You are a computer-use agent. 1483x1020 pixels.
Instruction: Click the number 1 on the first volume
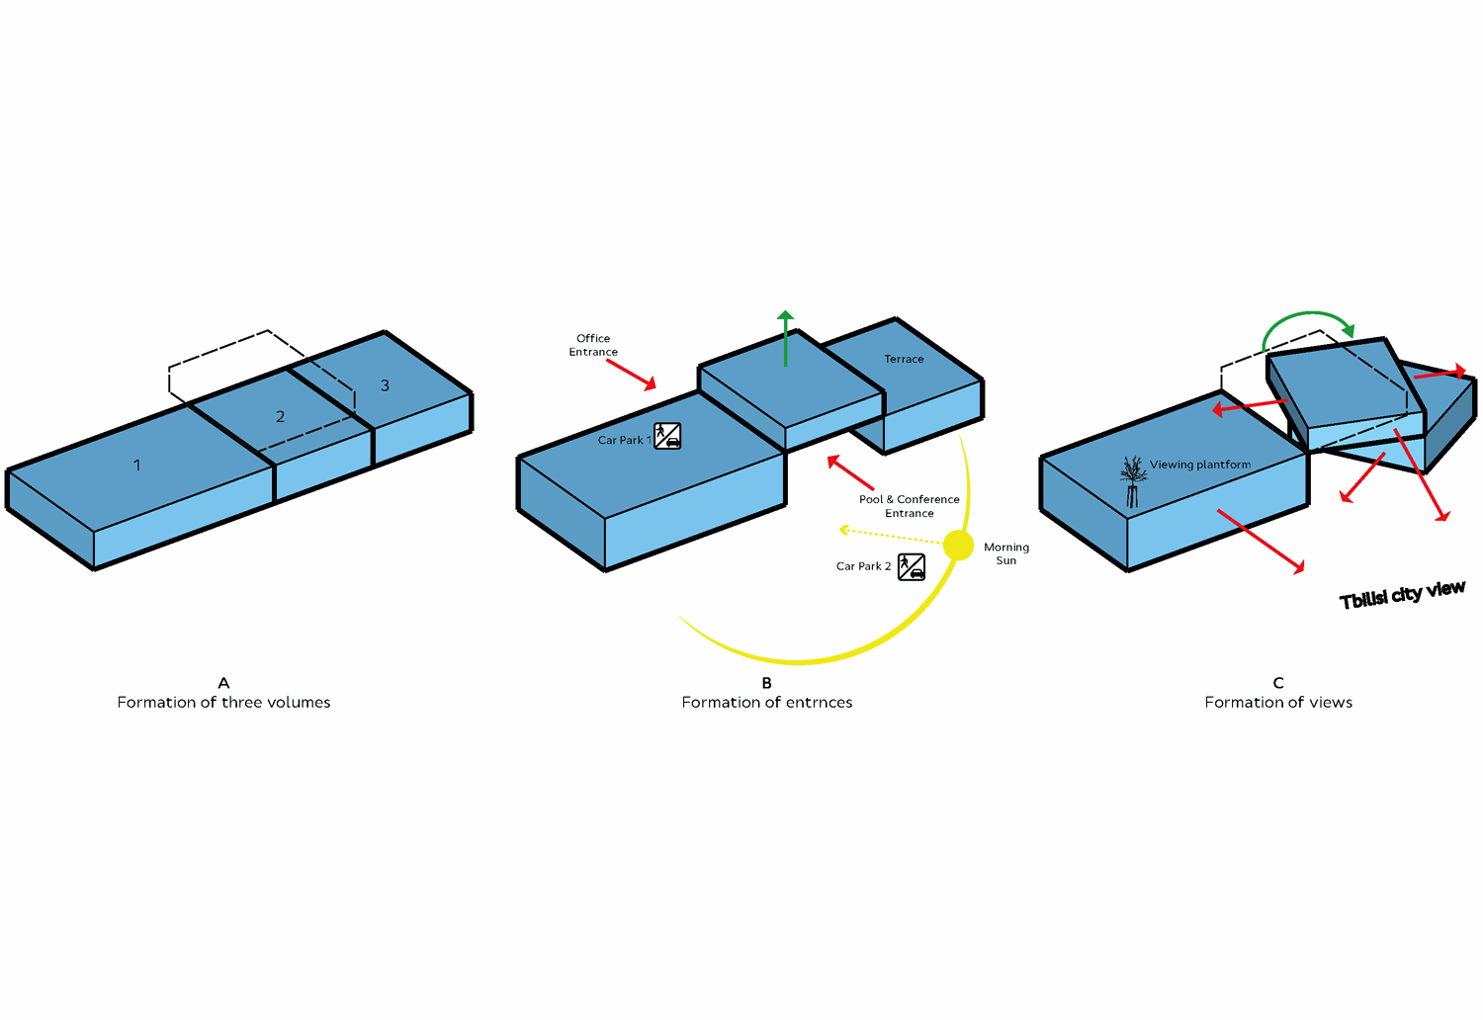[137, 466]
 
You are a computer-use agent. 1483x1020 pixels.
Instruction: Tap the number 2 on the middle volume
[280, 416]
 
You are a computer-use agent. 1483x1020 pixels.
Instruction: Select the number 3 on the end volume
[385, 385]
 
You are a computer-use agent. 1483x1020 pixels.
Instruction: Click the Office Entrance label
[593, 345]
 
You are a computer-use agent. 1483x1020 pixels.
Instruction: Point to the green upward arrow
[785, 338]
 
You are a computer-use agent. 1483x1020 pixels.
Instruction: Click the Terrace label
[904, 359]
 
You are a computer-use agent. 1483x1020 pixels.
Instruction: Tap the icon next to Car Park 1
[667, 436]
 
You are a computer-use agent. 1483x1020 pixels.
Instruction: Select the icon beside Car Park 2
[911, 566]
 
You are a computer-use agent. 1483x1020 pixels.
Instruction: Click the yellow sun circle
[958, 545]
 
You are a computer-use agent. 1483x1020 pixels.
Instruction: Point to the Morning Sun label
[1006, 553]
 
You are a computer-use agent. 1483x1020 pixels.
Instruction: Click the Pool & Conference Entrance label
[909, 506]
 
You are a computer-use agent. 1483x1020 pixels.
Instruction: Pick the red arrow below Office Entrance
[632, 375]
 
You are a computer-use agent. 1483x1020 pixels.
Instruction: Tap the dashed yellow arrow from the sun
[891, 535]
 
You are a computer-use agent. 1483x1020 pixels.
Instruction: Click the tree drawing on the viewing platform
[1133, 481]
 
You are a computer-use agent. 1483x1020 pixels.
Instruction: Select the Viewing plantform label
[1200, 465]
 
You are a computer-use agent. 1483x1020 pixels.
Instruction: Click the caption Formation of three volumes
[223, 703]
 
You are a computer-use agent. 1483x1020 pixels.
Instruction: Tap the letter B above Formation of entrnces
[766, 682]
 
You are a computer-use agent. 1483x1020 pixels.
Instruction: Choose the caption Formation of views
[1278, 703]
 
